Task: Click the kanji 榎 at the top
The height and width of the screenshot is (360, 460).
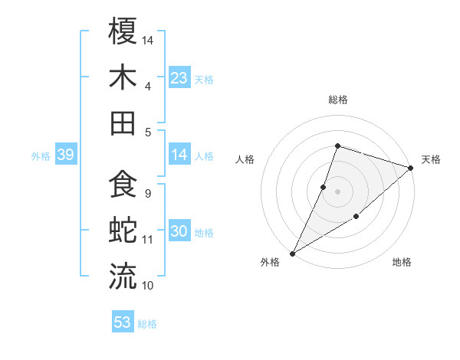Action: (x=123, y=34)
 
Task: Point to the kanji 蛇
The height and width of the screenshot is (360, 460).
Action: (x=123, y=230)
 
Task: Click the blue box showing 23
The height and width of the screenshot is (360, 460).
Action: (x=179, y=77)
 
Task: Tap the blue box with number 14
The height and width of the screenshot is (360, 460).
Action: (x=179, y=155)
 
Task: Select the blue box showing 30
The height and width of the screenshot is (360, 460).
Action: (x=179, y=232)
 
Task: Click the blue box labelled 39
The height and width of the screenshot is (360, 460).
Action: (x=65, y=155)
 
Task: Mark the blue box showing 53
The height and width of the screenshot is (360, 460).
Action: (x=123, y=322)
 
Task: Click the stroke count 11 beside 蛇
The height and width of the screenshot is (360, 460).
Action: (x=148, y=240)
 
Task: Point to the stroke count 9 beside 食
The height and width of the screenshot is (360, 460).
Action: (x=147, y=193)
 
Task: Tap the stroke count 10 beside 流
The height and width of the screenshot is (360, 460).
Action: (x=148, y=285)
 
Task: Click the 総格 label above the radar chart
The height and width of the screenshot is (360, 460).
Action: (x=337, y=100)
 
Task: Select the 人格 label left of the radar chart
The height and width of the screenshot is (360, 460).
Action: (x=245, y=159)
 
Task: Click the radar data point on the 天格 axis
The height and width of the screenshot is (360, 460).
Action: (x=411, y=168)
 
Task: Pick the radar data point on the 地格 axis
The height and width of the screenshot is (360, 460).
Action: (x=356, y=218)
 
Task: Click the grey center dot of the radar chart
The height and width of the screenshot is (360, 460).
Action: (x=337, y=191)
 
